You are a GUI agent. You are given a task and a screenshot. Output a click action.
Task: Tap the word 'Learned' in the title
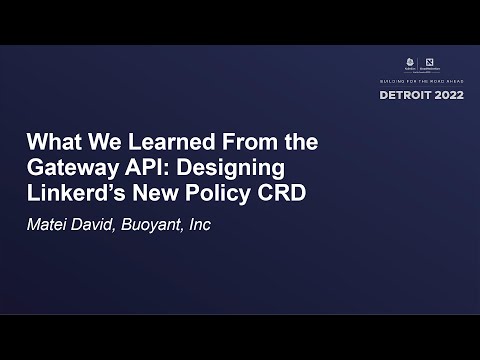[155, 141]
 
